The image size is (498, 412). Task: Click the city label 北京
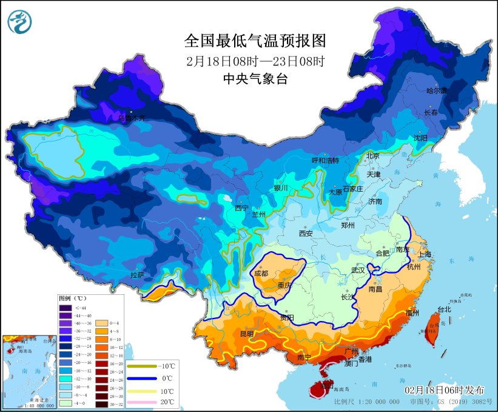click(372, 155)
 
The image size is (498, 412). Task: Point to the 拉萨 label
click(136, 275)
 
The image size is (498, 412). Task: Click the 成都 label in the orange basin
click(261, 273)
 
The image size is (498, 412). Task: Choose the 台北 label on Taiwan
click(444, 309)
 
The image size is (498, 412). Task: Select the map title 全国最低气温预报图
click(255, 41)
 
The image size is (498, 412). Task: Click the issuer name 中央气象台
click(255, 78)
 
